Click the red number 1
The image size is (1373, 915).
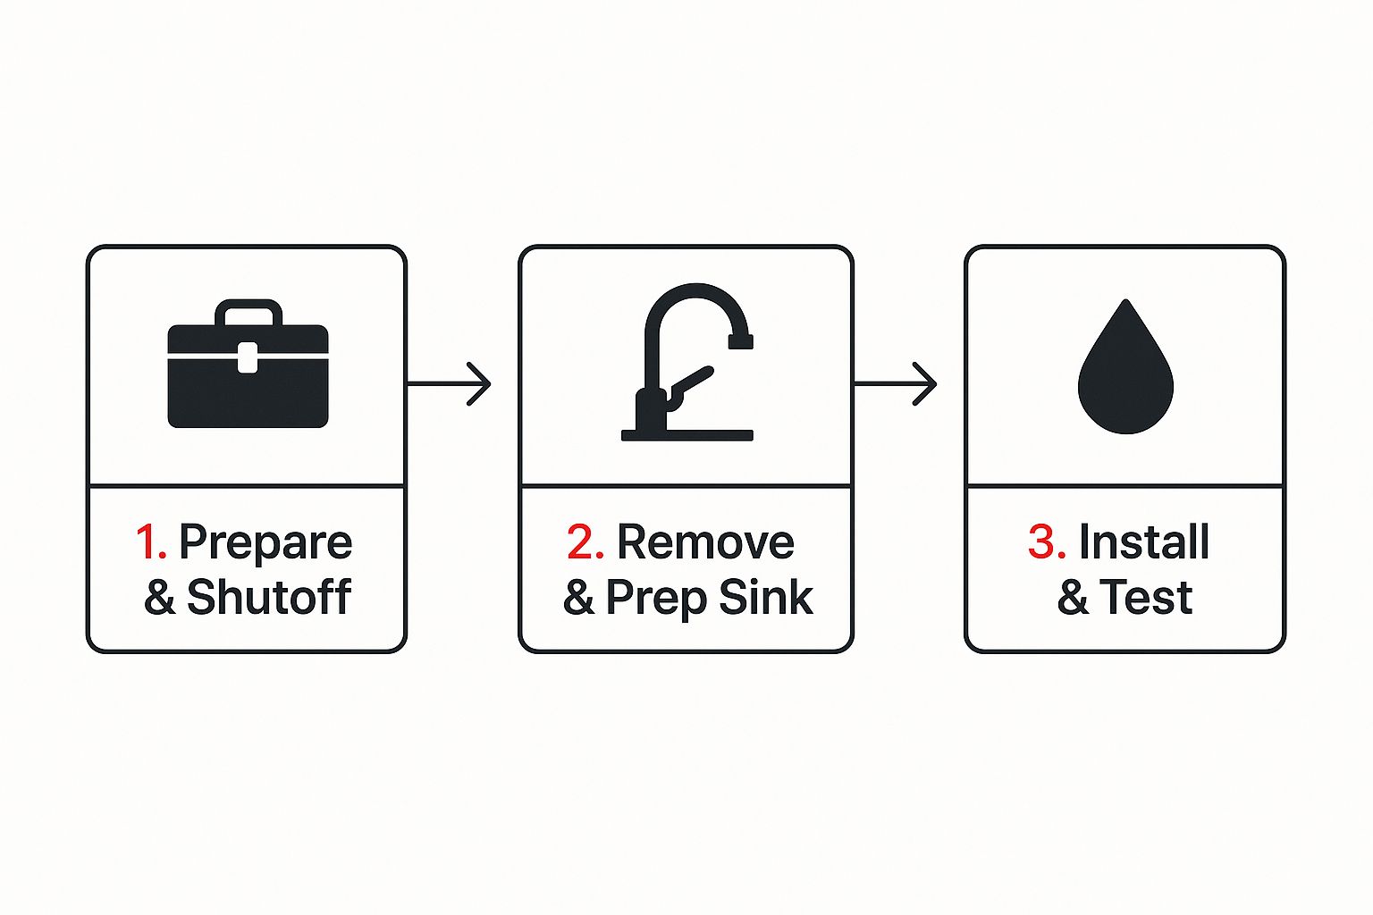click(x=150, y=542)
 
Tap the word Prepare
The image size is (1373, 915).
click(x=265, y=542)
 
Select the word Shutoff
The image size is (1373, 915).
click(x=269, y=597)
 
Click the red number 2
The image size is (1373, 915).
click(x=585, y=542)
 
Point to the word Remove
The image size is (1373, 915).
click(x=705, y=542)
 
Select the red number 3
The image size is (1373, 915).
click(x=1047, y=542)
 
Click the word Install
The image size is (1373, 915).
click(x=1144, y=542)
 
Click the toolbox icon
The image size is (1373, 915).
click(x=248, y=375)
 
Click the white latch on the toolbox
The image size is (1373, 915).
click(x=248, y=357)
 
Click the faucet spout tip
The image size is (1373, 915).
click(x=741, y=340)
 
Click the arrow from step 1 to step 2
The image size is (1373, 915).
click(x=450, y=384)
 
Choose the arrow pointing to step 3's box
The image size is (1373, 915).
click(x=896, y=384)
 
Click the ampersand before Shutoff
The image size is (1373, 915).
click(x=159, y=597)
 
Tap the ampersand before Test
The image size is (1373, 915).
click(x=1073, y=597)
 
